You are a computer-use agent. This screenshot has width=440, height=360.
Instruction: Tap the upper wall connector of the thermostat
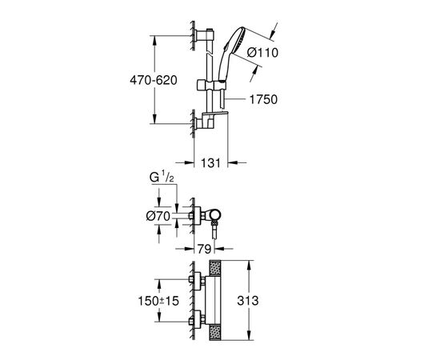point(196,279)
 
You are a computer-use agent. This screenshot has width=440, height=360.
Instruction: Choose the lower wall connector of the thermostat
point(196,322)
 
